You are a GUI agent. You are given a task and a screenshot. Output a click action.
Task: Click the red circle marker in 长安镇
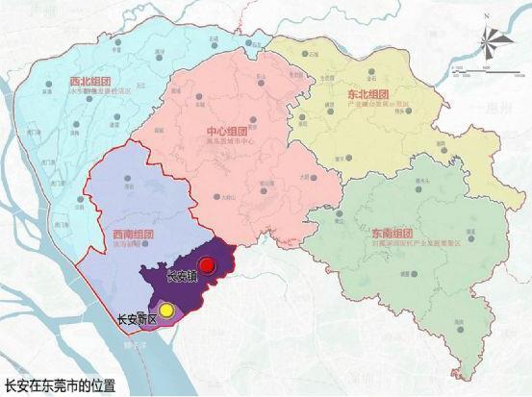tap(204, 265)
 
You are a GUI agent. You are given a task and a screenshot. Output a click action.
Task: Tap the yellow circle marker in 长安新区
tap(166, 310)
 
